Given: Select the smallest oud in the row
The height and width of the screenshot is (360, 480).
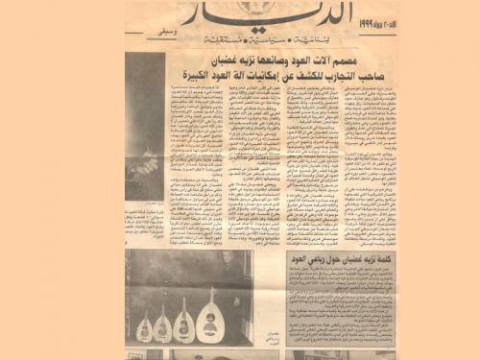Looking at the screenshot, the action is [144, 328].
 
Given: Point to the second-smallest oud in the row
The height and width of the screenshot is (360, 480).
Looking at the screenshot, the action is [162, 326].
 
